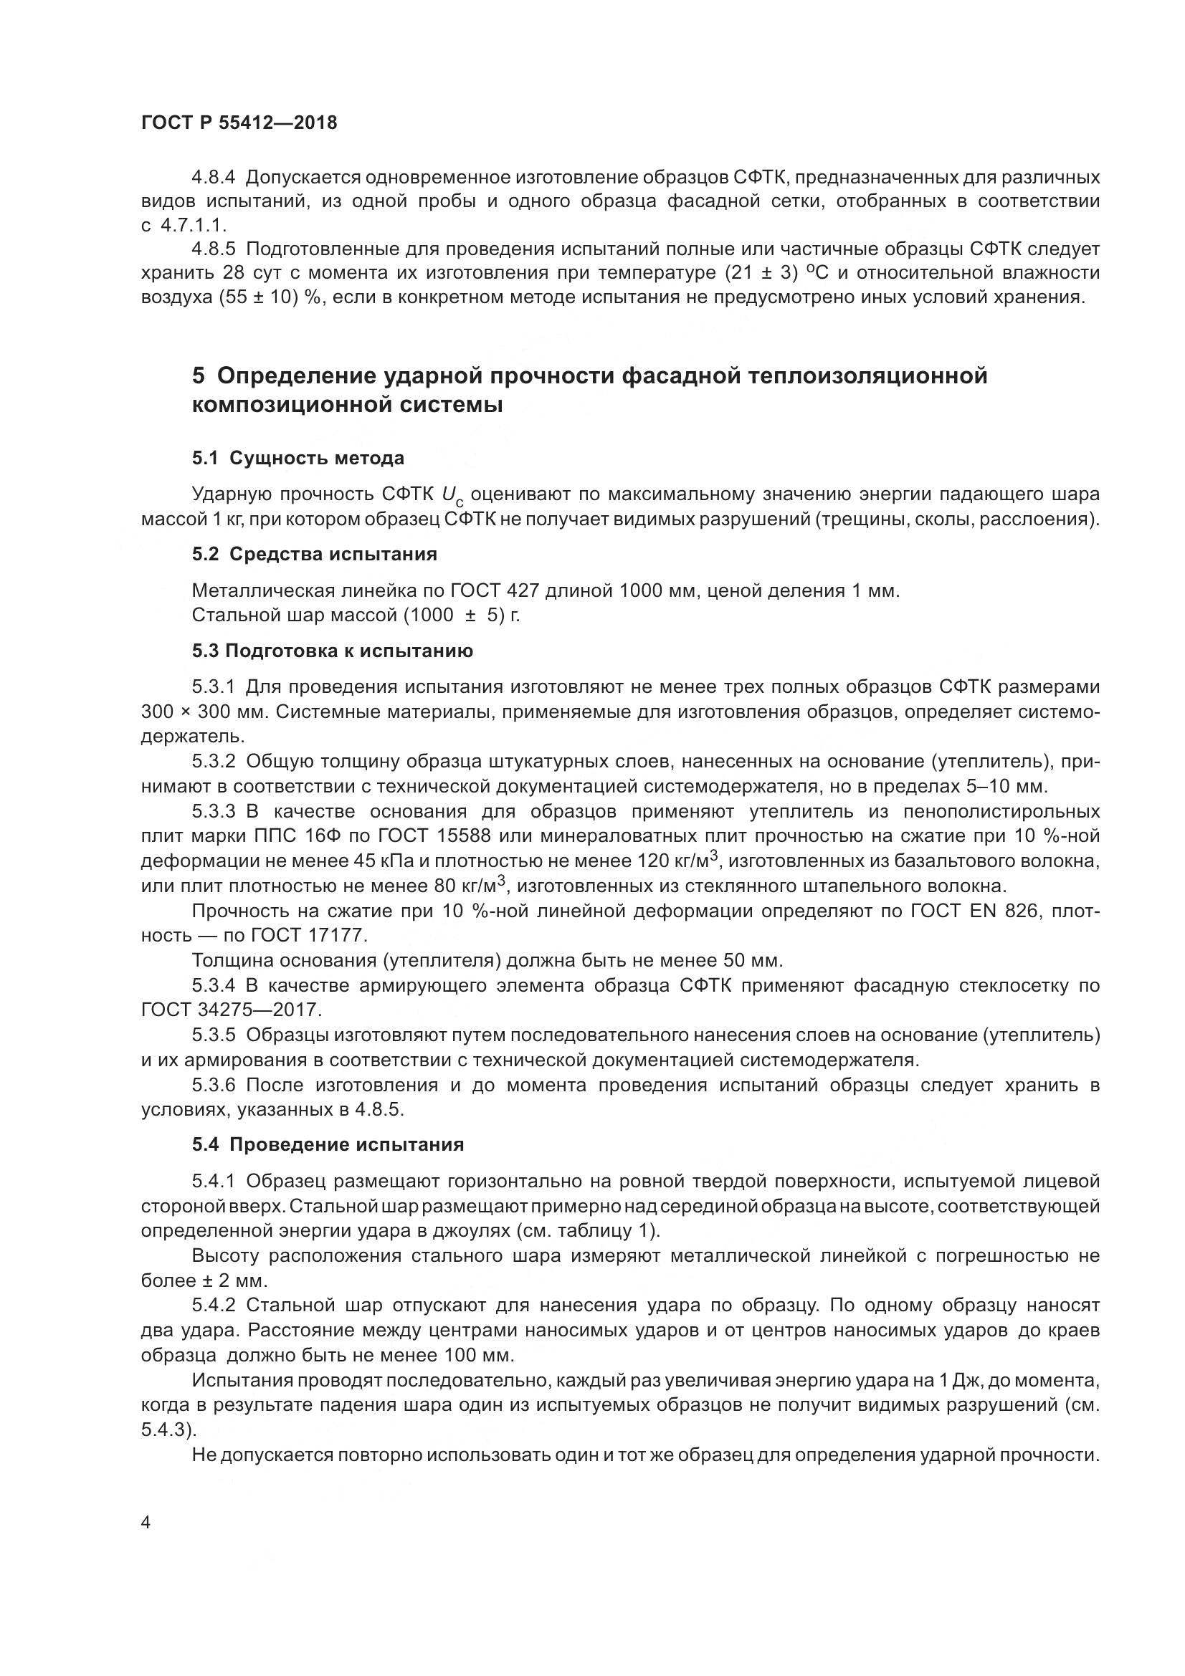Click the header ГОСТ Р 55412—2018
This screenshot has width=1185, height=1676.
coord(239,123)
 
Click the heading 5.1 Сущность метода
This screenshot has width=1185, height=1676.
coord(298,458)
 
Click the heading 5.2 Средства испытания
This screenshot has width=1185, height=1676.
coord(314,554)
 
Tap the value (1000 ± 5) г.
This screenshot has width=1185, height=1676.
coord(461,615)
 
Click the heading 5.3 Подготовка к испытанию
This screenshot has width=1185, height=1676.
coord(332,651)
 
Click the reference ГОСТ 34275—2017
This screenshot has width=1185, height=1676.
coord(231,1010)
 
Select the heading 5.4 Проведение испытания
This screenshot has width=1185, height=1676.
coord(328,1144)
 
